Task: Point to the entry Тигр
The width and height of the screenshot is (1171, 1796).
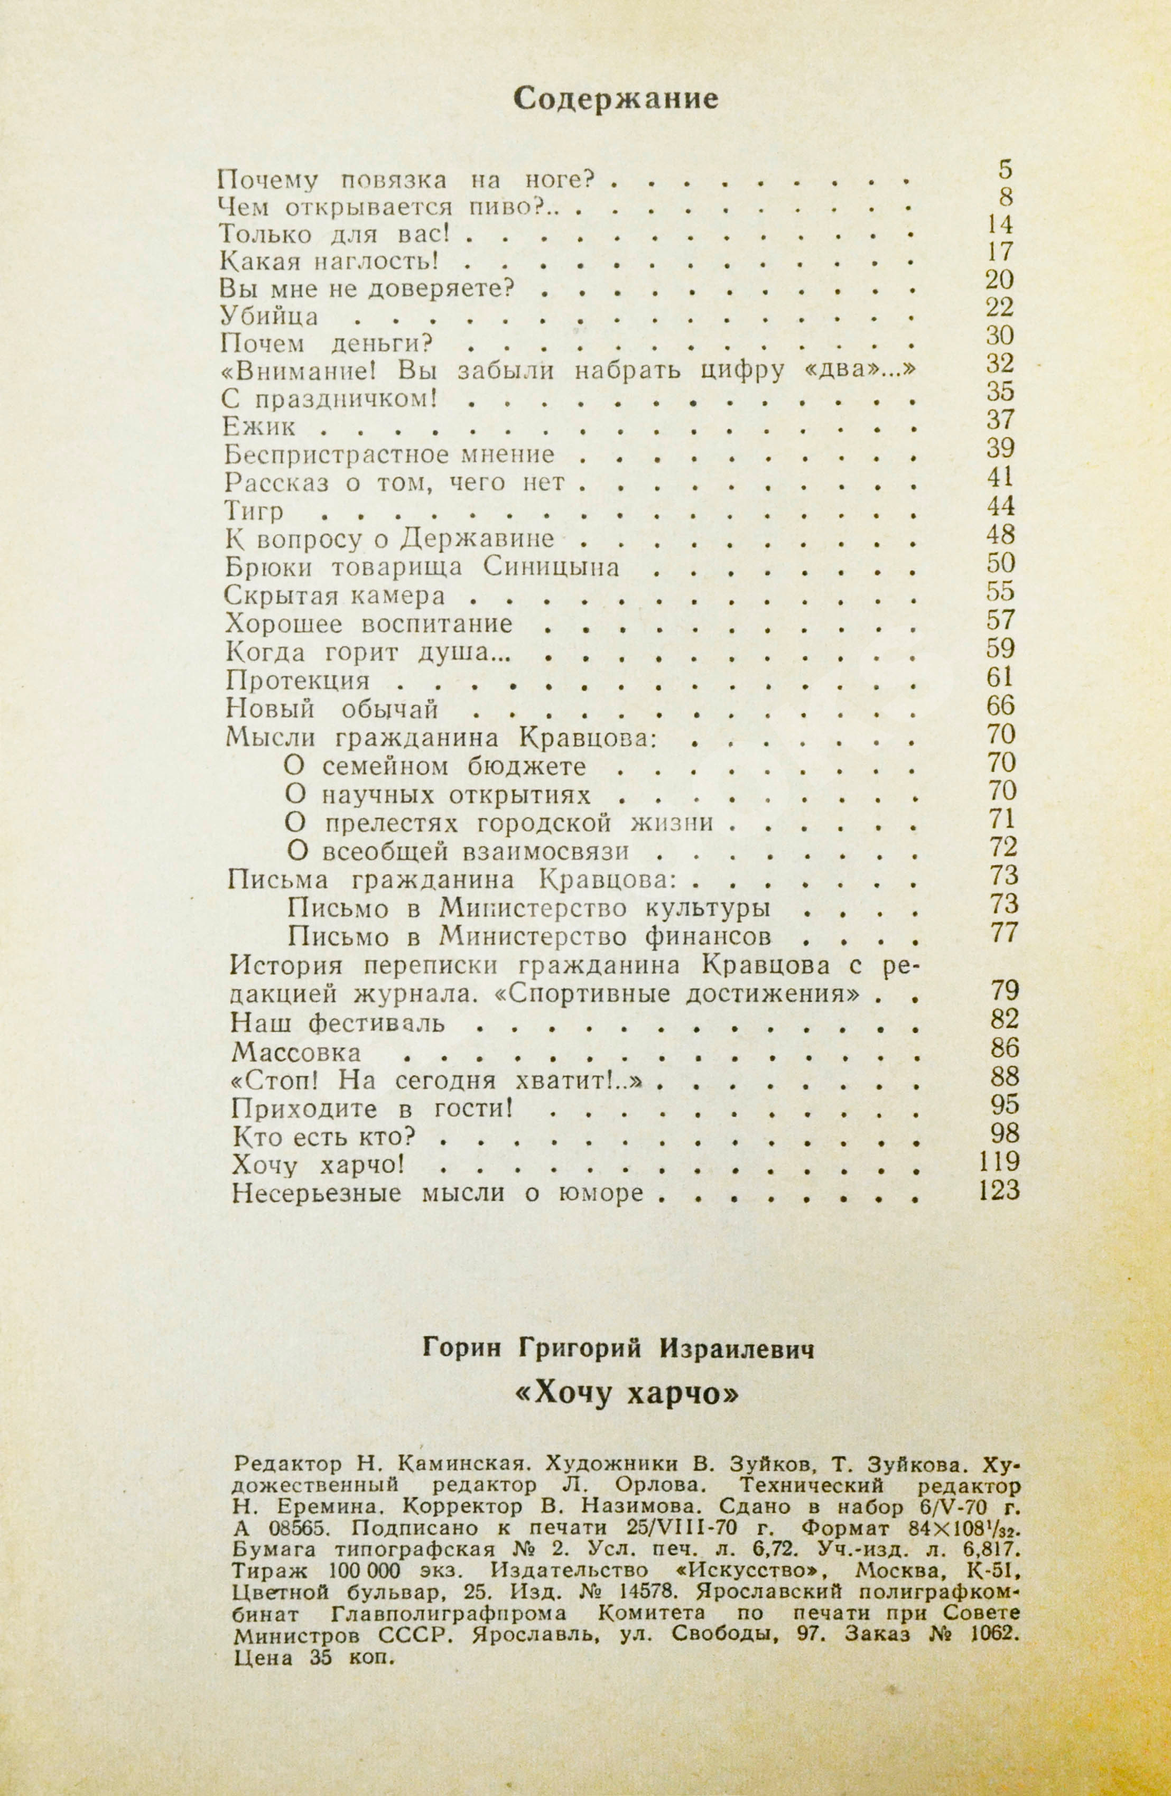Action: (254, 513)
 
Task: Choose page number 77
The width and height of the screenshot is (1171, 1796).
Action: (1004, 933)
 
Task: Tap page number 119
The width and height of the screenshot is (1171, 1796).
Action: (998, 1161)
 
